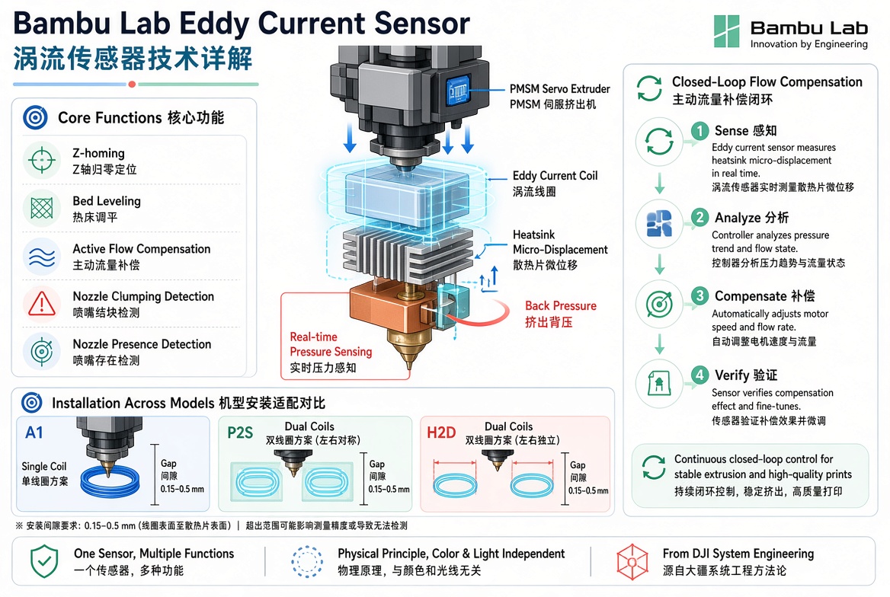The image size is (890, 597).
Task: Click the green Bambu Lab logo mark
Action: (x=726, y=31)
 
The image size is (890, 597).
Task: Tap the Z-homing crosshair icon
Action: (x=42, y=161)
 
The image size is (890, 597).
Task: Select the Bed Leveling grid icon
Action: (x=42, y=209)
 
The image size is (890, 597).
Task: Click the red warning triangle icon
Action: (x=42, y=303)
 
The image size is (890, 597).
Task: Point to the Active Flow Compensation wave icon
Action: (x=42, y=257)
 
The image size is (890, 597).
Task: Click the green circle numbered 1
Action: (x=700, y=131)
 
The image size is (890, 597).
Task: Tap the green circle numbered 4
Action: (x=700, y=375)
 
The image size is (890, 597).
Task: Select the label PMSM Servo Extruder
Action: (x=559, y=89)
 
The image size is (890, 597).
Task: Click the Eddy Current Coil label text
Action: (x=555, y=176)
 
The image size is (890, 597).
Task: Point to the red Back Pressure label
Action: (x=561, y=306)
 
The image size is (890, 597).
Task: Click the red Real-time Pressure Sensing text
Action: (x=331, y=344)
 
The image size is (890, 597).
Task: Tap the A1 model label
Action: (x=34, y=433)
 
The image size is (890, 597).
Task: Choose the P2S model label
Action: (x=240, y=433)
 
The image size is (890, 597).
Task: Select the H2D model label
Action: (x=441, y=433)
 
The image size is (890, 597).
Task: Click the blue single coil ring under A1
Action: (x=110, y=482)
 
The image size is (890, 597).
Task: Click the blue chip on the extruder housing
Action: (x=459, y=90)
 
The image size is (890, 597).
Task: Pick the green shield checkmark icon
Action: (x=44, y=561)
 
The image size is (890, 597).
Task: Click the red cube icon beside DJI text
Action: (x=632, y=562)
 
